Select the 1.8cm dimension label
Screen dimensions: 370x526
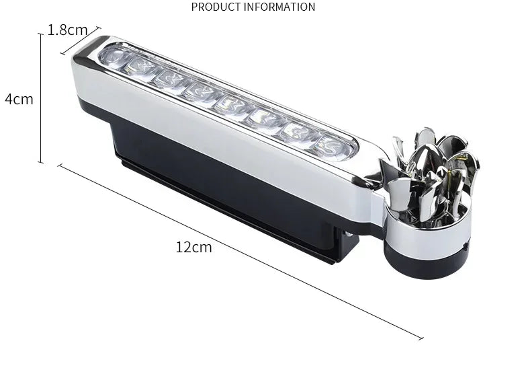point(67,30)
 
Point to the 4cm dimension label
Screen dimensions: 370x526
point(19,99)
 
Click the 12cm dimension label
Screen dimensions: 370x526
point(193,247)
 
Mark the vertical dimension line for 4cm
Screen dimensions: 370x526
point(40,99)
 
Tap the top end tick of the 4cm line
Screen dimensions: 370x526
point(40,34)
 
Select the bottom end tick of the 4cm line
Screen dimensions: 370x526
point(40,162)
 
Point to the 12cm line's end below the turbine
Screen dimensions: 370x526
point(422,338)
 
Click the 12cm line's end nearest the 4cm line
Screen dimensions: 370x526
point(60,165)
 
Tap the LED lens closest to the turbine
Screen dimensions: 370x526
point(336,145)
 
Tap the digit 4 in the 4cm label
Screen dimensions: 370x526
point(9,99)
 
